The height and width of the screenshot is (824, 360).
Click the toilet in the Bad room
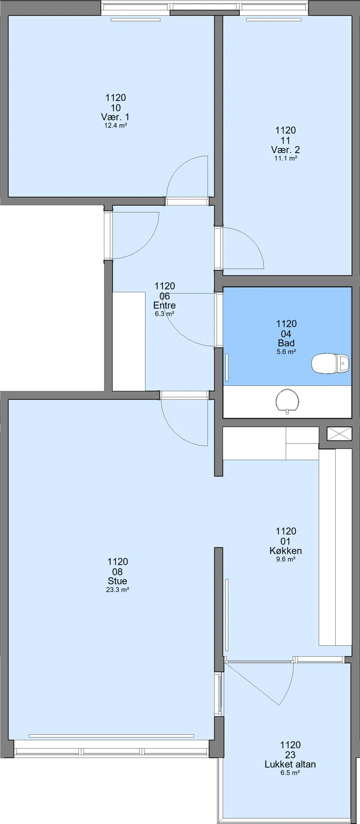331,363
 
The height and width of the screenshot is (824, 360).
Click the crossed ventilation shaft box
339,434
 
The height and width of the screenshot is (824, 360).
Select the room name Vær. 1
115,117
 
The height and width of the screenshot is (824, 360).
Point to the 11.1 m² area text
286,158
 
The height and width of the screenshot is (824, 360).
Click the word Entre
164,305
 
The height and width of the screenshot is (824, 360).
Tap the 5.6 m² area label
286,352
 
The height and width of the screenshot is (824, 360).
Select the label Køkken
286,551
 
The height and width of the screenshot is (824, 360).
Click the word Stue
117,581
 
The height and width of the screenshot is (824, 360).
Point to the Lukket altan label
290,764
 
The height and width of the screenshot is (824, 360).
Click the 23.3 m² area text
117,590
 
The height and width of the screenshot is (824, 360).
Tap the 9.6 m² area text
286,559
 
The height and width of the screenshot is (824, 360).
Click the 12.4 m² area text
116,126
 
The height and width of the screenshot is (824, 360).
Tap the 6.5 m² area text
290,773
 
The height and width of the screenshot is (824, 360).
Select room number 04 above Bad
286,334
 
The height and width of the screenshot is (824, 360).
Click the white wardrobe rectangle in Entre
129,341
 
